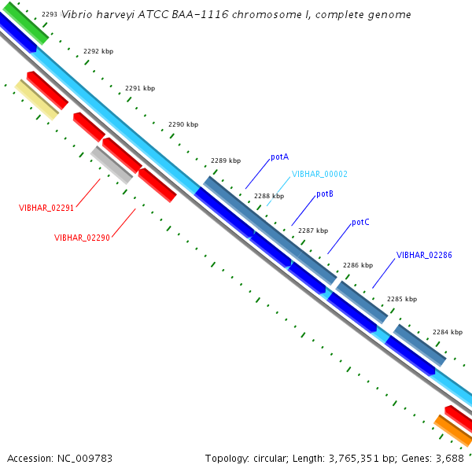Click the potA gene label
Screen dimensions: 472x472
(x=279, y=157)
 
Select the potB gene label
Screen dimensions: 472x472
(x=325, y=194)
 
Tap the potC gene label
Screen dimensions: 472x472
(x=360, y=223)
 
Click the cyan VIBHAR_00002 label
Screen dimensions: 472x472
(x=319, y=175)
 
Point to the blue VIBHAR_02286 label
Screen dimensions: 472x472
(x=424, y=255)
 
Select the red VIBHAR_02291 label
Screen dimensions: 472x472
(x=46, y=208)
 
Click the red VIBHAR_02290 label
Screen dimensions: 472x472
(x=82, y=238)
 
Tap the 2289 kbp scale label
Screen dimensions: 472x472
(x=226, y=161)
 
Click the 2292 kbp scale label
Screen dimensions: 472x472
(x=98, y=51)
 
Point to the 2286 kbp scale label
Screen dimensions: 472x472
(x=358, y=266)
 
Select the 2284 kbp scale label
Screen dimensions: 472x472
(x=447, y=332)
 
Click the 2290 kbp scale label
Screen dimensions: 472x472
(x=183, y=124)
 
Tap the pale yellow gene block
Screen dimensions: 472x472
(x=37, y=100)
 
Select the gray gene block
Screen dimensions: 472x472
(x=112, y=165)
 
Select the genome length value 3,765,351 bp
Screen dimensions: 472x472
(x=352, y=458)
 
